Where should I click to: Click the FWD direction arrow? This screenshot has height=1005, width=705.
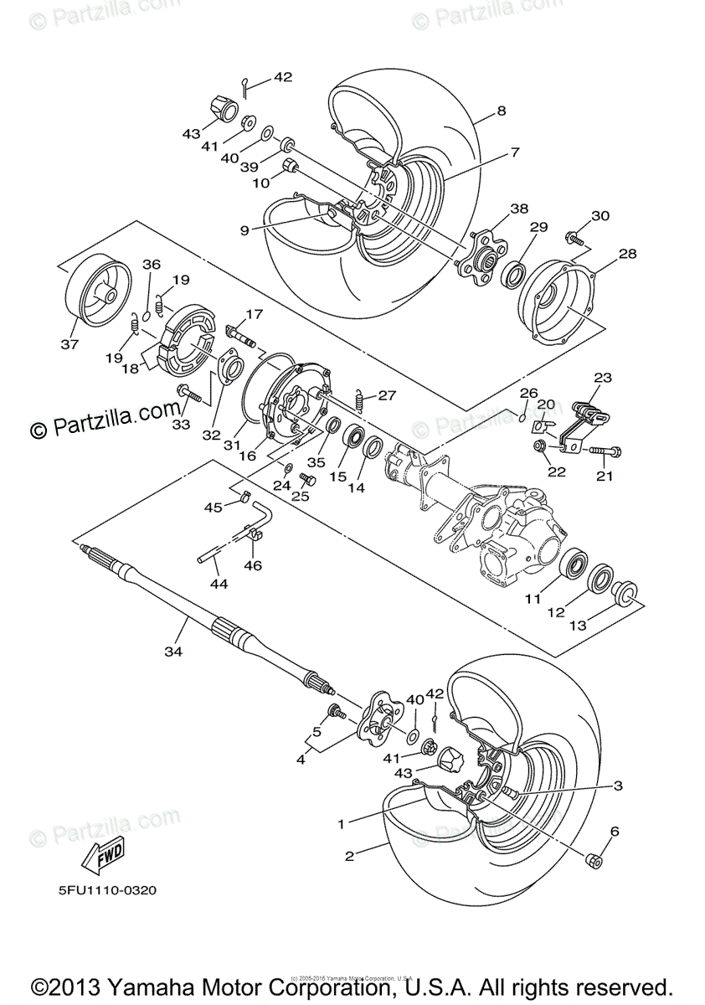101,857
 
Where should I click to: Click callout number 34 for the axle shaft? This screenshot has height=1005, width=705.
173,650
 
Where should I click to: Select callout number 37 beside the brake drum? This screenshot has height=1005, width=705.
69,344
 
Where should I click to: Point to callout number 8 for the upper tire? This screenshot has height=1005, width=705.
501,110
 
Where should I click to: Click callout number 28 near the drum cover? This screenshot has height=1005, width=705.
628,253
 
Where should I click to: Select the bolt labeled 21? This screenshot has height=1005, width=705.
607,452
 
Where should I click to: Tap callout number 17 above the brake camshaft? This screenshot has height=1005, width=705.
254,314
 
